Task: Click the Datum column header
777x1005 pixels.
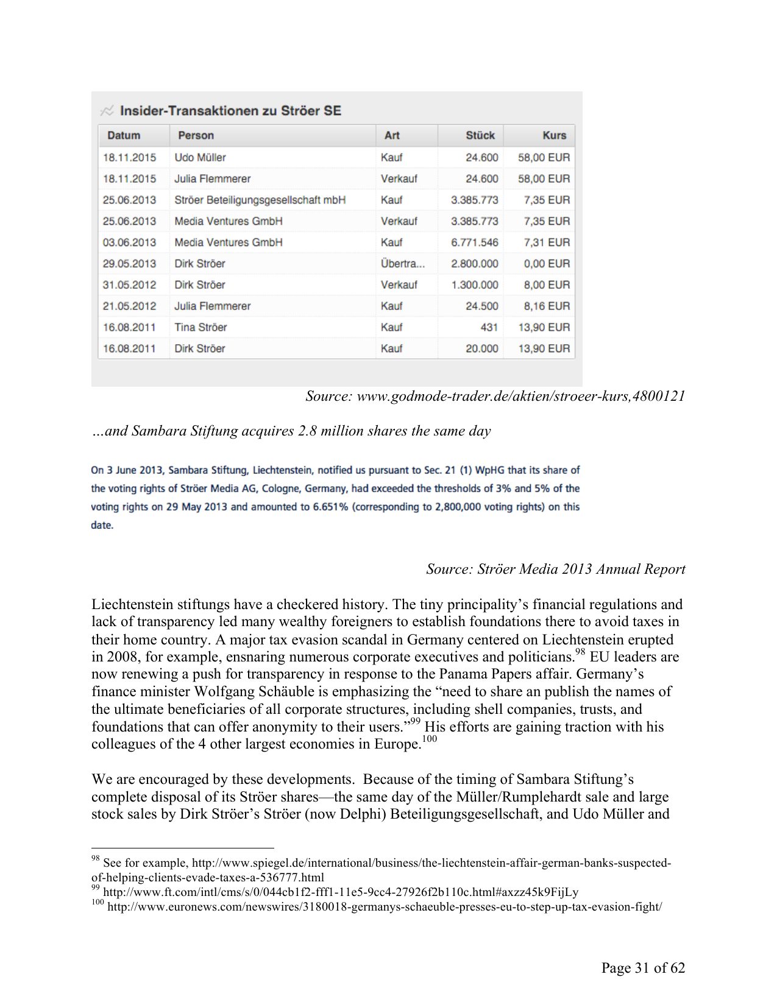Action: (124, 135)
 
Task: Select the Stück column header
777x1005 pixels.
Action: (480, 135)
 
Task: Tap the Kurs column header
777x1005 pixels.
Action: (554, 135)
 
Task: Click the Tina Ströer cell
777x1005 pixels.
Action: (200, 327)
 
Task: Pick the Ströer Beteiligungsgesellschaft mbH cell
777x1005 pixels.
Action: (260, 200)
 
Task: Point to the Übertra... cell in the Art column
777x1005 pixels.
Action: (402, 264)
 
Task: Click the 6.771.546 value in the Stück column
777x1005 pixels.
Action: (474, 242)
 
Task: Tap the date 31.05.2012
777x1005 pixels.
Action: (129, 284)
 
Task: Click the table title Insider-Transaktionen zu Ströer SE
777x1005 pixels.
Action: (230, 111)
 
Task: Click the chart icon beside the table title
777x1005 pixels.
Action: (107, 111)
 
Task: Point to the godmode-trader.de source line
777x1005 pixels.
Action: (495, 397)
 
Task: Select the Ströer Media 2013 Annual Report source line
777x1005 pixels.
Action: (555, 569)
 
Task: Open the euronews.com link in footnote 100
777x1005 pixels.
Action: (384, 907)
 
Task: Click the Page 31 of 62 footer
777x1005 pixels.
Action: (643, 968)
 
